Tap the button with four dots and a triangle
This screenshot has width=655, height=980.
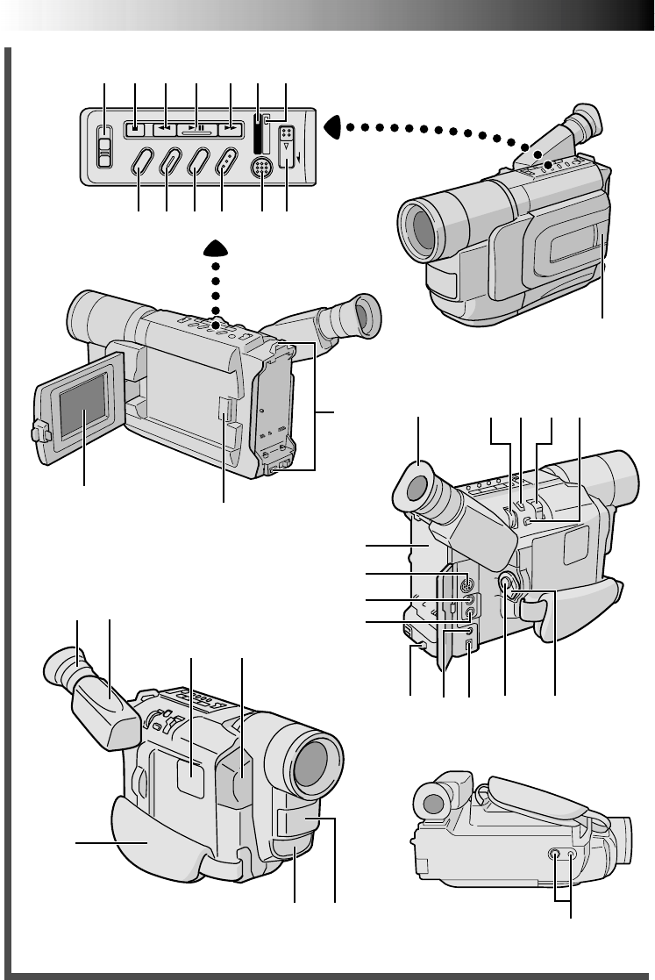(287, 146)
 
